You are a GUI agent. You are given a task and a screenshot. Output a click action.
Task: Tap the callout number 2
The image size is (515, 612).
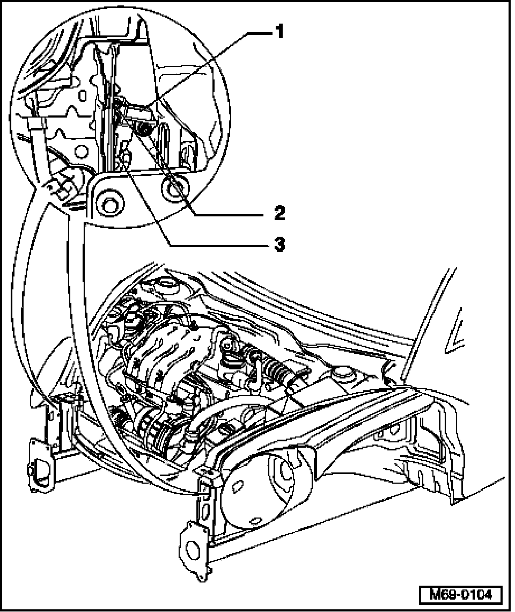click(278, 214)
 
